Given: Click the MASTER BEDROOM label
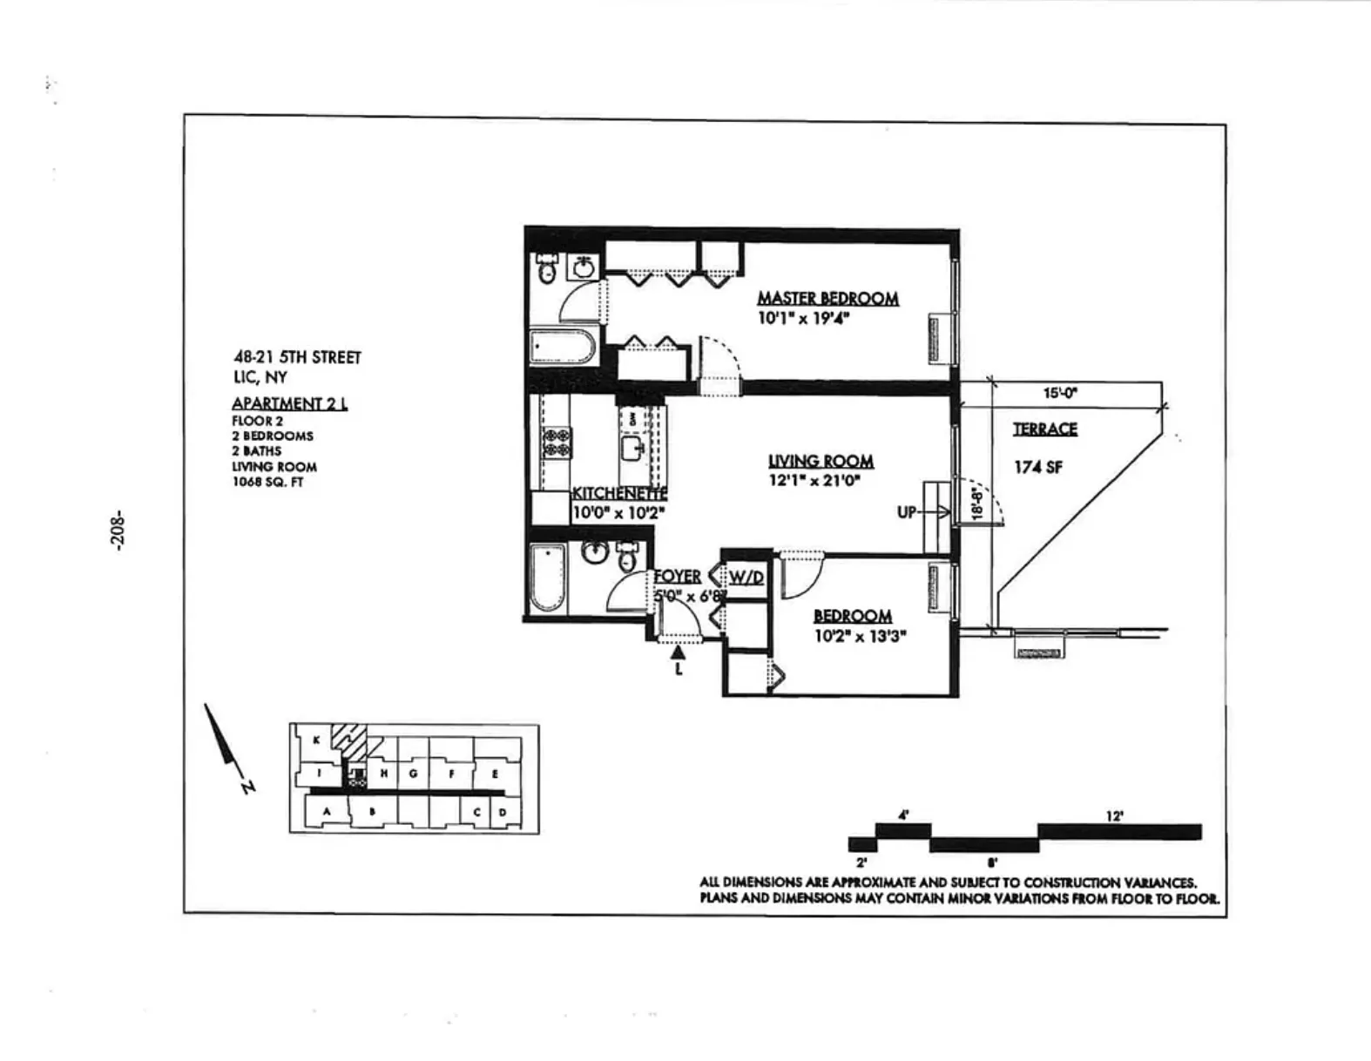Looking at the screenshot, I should tap(827, 298).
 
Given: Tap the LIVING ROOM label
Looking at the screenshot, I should tap(821, 461).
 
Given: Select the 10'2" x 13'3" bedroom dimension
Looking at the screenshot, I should tap(860, 636).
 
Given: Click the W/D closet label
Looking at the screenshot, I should tap(746, 577).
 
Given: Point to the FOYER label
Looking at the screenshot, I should tap(678, 577).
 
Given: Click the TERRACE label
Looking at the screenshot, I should tap(1044, 429).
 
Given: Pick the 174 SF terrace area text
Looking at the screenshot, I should tap(1037, 467).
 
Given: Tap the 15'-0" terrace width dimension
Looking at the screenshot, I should tap(1060, 393).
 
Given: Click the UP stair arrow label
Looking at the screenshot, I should tap(908, 512).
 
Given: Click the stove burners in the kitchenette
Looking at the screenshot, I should tap(557, 443).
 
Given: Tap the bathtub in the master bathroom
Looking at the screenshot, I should tap(562, 348).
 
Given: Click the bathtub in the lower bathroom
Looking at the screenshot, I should tap(548, 577).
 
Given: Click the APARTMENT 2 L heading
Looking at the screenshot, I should tap(289, 403).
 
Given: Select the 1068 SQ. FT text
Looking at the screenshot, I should tap(267, 482).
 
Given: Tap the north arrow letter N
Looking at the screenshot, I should tap(248, 787).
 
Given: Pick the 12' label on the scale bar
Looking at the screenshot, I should tap(1114, 815).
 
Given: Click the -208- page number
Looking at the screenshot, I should tap(118, 529).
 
